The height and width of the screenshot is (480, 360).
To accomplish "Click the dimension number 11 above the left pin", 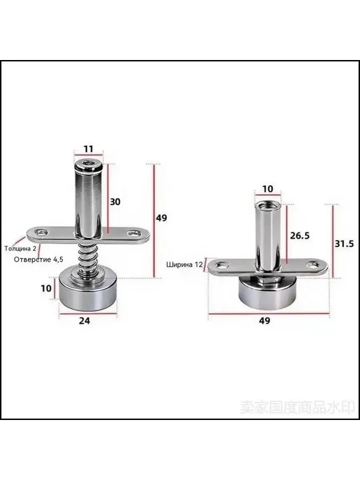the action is [88, 149].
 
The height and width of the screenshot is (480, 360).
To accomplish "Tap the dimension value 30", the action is [115, 202].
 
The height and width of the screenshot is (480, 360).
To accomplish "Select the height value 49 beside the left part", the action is [162, 218].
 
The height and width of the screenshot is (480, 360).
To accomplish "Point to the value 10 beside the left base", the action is [46, 288].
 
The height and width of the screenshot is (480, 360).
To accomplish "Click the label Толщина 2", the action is [20, 248].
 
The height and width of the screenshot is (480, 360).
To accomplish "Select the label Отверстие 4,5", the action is [38, 260].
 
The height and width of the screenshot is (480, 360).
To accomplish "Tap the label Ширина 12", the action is [185, 264].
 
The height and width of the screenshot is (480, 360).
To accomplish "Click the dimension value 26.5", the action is [300, 235].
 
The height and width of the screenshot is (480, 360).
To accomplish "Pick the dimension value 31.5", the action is [344, 243].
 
